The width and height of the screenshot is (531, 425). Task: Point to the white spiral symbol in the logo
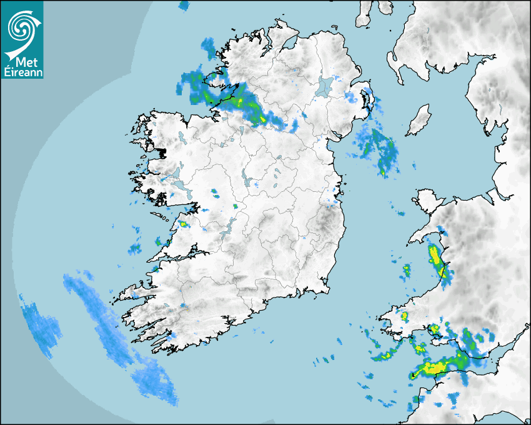21,27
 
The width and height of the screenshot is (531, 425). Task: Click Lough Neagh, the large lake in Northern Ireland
325,86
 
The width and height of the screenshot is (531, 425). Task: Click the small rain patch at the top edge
184,6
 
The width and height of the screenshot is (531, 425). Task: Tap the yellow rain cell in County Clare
184,223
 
